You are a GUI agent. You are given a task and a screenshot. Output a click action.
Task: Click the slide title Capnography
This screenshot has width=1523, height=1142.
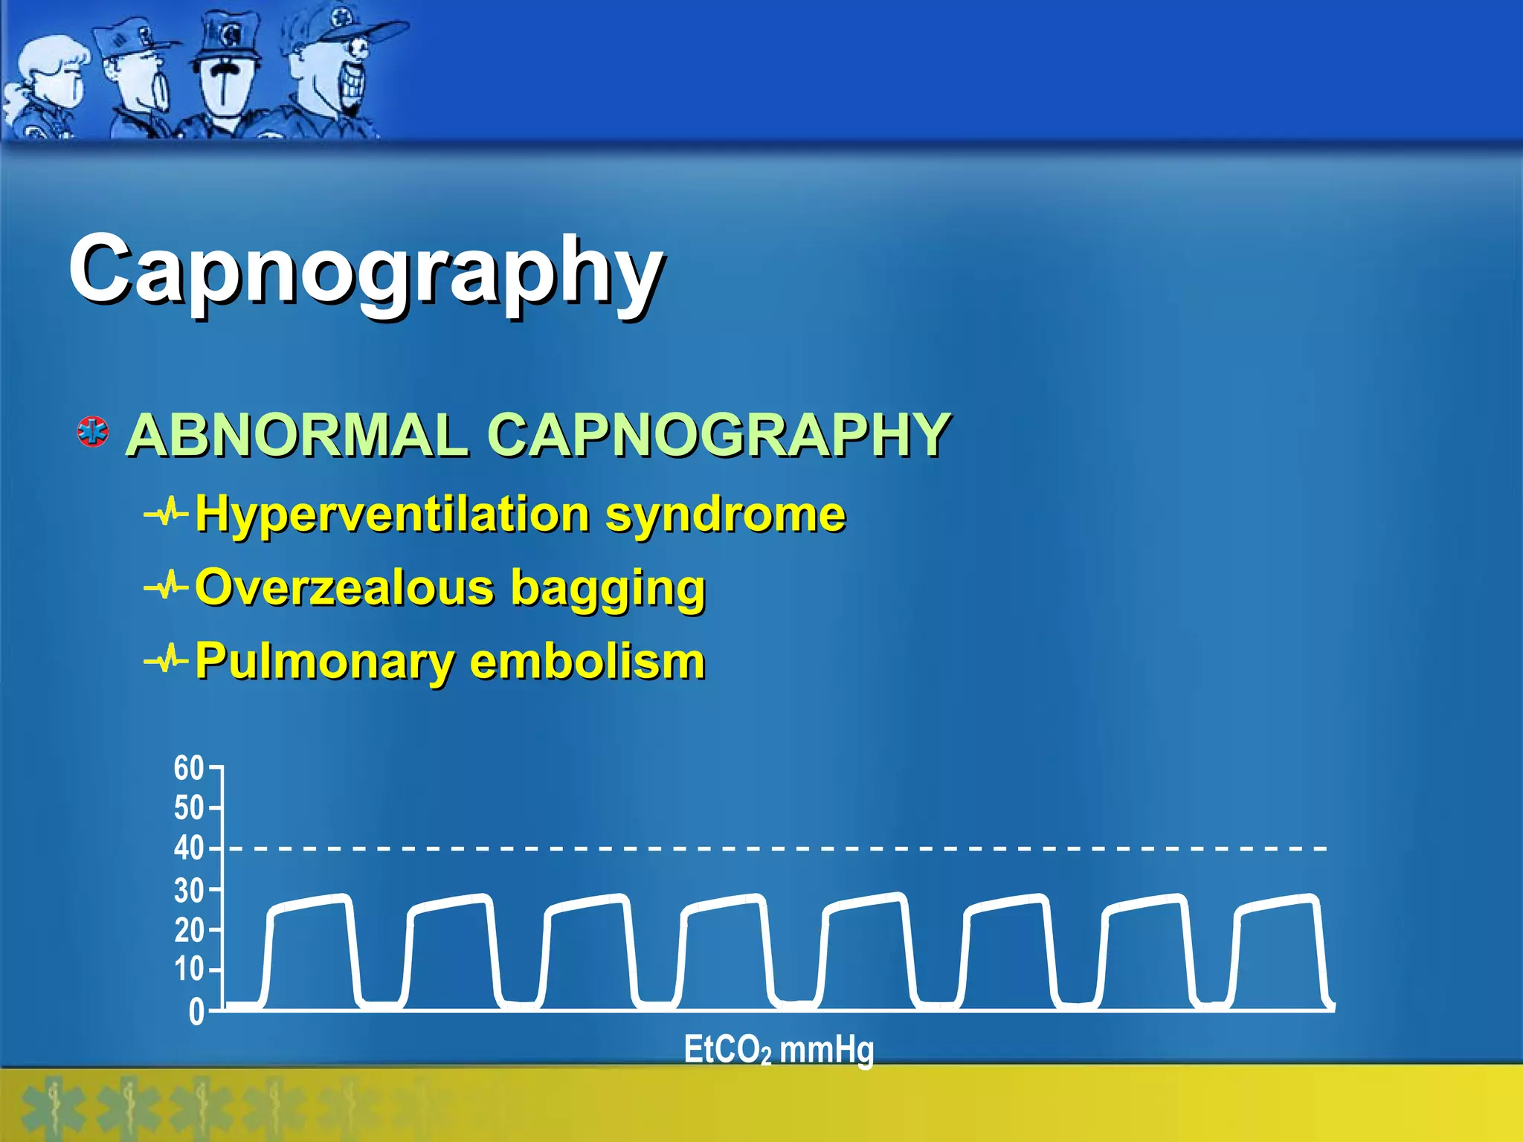click(x=366, y=271)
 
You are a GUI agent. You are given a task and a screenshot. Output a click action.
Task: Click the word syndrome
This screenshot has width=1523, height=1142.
click(x=726, y=514)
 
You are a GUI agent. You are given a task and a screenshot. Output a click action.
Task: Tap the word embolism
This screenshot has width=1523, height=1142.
click(x=587, y=661)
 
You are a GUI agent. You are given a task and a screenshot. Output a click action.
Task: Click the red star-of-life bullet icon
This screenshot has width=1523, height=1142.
click(x=94, y=432)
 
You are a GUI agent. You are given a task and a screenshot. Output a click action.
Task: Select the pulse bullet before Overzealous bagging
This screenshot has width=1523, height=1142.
click(x=167, y=587)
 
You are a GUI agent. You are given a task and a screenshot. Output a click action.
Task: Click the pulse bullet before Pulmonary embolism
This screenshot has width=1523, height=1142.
click(x=167, y=659)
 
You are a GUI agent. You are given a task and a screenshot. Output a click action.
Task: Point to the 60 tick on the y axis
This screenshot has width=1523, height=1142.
click(x=189, y=768)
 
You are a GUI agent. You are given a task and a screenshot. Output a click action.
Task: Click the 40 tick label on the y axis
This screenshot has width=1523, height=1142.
click(x=189, y=848)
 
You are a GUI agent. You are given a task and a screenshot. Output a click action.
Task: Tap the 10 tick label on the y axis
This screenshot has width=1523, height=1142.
click(x=189, y=970)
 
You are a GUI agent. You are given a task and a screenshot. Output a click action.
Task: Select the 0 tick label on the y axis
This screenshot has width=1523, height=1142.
click(x=196, y=1012)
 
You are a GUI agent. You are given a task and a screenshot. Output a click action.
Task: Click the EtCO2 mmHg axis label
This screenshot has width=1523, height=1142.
click(x=779, y=1050)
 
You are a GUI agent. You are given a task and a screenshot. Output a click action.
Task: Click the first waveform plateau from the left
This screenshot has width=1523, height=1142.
click(x=310, y=904)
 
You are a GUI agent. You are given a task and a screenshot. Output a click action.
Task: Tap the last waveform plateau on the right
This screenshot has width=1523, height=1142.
click(x=1278, y=904)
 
